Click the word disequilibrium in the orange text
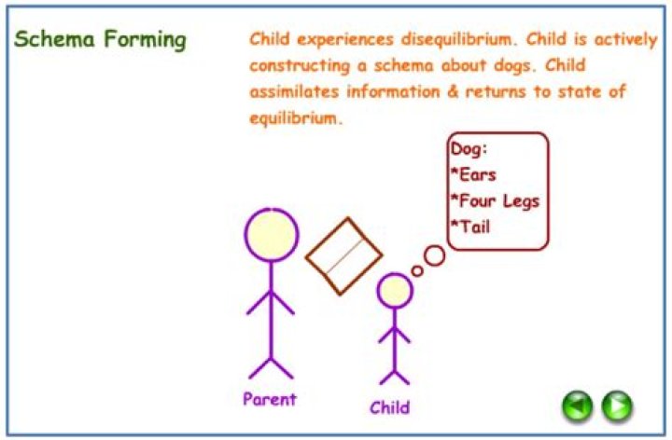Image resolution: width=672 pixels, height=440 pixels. [437, 40]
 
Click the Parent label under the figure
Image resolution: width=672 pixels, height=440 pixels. [269, 399]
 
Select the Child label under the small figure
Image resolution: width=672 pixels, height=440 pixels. [389, 407]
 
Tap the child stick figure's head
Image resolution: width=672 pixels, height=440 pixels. [395, 291]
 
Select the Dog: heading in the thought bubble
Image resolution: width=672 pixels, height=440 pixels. [469, 148]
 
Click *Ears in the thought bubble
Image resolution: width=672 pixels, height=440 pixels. [473, 174]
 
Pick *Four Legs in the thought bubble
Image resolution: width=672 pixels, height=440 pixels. [495, 200]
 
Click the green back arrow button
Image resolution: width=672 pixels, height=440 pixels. [578, 406]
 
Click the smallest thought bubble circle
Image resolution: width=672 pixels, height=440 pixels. [417, 271]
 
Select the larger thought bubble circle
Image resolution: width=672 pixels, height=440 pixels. [434, 254]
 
